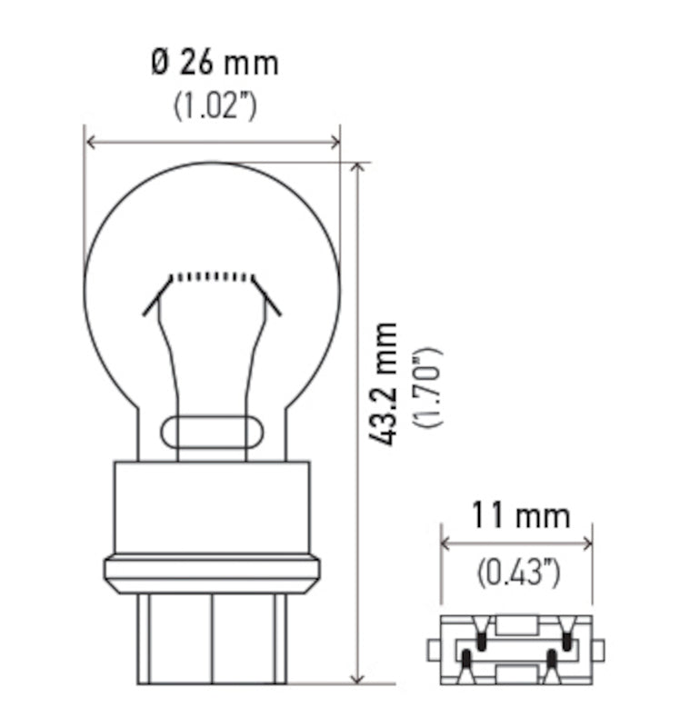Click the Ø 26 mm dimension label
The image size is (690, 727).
click(x=215, y=63)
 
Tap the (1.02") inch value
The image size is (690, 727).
click(x=215, y=105)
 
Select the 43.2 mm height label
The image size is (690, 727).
click(x=386, y=383)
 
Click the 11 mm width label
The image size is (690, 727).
click(x=519, y=516)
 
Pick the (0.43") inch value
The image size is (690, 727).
click(x=518, y=573)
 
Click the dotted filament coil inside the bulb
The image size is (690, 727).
click(x=212, y=275)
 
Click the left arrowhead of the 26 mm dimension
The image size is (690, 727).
click(x=89, y=142)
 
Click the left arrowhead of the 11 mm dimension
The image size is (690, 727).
click(x=446, y=543)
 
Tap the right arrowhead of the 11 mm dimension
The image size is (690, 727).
click(x=586, y=543)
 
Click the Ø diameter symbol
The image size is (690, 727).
click(x=160, y=63)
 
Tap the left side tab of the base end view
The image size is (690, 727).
click(x=434, y=650)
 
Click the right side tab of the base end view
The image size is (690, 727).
click(x=598, y=650)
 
